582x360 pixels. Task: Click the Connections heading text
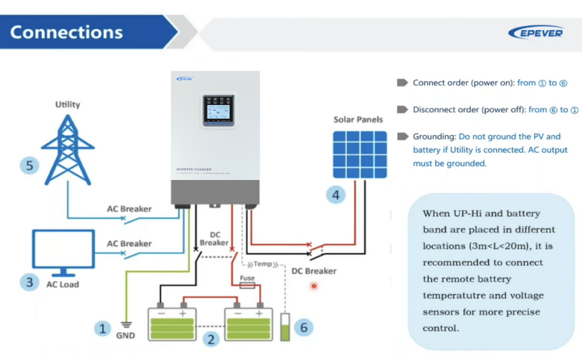click(x=67, y=32)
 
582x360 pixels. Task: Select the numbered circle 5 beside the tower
click(x=29, y=165)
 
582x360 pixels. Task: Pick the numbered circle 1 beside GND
click(x=103, y=328)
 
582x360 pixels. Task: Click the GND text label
click(x=125, y=335)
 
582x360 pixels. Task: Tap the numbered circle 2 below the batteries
click(x=211, y=340)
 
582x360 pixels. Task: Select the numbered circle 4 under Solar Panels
click(x=336, y=194)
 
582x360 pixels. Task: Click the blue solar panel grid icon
click(x=360, y=154)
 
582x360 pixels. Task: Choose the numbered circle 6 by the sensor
click(x=304, y=328)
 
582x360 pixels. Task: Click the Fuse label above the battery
click(x=247, y=278)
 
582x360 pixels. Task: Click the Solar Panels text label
click(x=358, y=119)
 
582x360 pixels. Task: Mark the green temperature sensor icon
click(x=285, y=327)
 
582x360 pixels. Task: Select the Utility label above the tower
click(x=68, y=104)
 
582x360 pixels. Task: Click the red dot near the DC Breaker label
click(x=313, y=286)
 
